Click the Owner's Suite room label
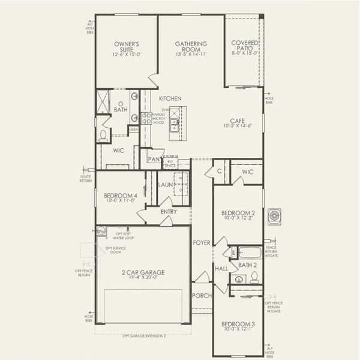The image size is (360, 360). point(127,44)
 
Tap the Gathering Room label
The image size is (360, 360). point(191,44)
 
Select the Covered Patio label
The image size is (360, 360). point(245,44)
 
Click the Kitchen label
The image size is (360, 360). point(170,98)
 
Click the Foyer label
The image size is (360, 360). point(201,242)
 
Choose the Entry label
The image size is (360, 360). point(169,211)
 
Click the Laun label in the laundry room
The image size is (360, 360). point(166,185)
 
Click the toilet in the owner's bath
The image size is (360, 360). point(103,135)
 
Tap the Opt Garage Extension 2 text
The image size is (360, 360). point(144,335)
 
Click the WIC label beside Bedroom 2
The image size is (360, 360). point(248,172)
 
